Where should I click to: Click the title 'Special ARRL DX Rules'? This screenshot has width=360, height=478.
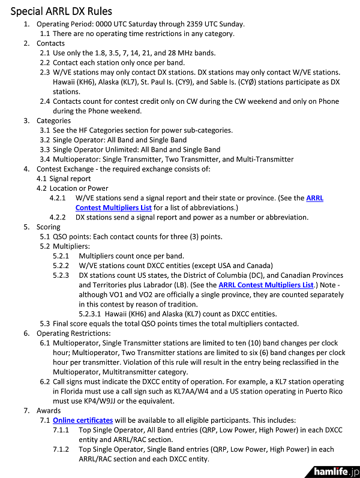point(61,11)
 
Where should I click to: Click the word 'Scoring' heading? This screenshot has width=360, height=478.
point(48,227)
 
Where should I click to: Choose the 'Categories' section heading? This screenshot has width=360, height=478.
point(53,120)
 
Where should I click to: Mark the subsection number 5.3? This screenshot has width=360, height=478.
point(45,323)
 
